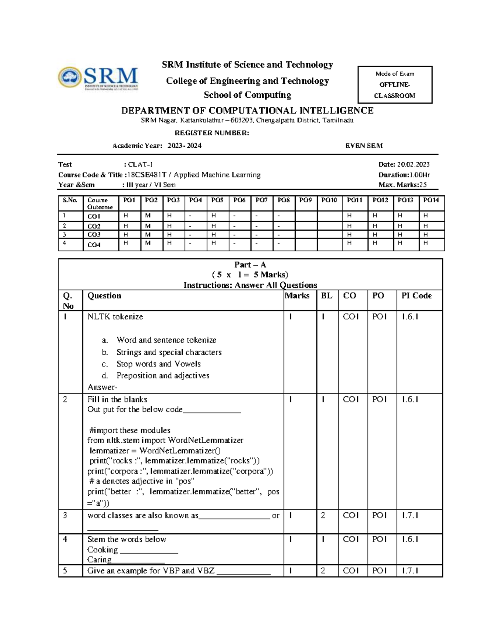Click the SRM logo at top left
[98, 78]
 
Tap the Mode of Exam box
[394, 85]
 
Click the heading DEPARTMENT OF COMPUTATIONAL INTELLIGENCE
[247, 111]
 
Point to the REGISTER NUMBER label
[212, 133]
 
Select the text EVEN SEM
[363, 146]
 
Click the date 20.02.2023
[412, 164]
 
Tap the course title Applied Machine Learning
[218, 175]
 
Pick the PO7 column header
[262, 200]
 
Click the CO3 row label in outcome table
[94, 234]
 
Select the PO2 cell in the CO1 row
[148, 215]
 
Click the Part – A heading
[250, 265]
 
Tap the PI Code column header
[416, 296]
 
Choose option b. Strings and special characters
[168, 352]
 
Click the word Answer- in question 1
[102, 387]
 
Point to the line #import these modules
[130, 430]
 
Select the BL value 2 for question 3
[323, 516]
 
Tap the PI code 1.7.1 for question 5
[410, 571]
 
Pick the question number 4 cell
[65, 539]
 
